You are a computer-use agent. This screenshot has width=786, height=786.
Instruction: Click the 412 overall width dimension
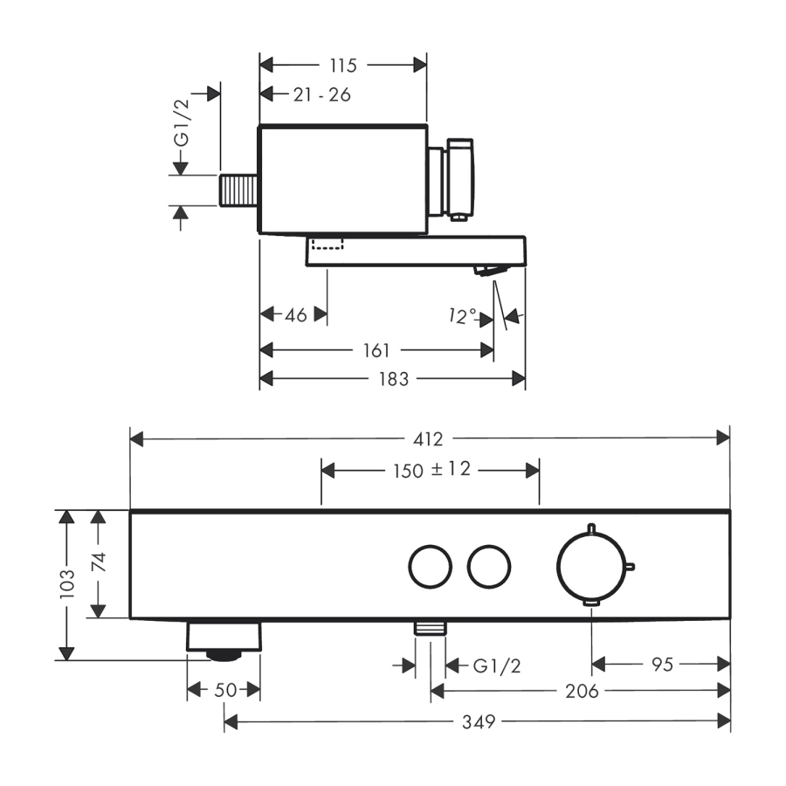coord(428,439)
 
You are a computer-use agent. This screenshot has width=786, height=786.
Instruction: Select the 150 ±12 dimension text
coord(432,470)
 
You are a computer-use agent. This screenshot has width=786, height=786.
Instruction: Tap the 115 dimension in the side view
coord(343,65)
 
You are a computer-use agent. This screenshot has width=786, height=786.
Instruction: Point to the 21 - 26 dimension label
coord(321,94)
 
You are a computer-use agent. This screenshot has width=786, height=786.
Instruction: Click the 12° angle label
coord(462,316)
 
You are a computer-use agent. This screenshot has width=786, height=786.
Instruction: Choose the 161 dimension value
coord(376,350)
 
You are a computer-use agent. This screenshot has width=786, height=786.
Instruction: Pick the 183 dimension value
coord(394,379)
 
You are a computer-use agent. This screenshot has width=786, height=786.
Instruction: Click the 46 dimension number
coord(296,315)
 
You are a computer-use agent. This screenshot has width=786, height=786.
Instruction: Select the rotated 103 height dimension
coord(66,584)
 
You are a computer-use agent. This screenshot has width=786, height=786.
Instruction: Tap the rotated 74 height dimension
coord(99,562)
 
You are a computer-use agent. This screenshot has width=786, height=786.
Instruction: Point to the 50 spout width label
coord(225,690)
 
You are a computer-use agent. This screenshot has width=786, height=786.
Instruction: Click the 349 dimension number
coord(479,722)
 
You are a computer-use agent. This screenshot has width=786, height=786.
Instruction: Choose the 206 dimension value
coord(582,692)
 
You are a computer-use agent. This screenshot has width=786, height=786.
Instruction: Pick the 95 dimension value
coord(662,665)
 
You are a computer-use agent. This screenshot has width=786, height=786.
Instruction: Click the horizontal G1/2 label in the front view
coord(497,666)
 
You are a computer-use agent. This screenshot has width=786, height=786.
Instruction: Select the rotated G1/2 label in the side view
coord(182,123)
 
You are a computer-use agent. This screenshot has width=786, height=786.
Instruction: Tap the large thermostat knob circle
coord(592,567)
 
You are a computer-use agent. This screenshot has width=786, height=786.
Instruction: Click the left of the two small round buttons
coord(430,567)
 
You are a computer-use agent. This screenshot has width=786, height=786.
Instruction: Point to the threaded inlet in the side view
coord(238,190)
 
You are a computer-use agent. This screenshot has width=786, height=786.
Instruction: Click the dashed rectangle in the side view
coord(327,245)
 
